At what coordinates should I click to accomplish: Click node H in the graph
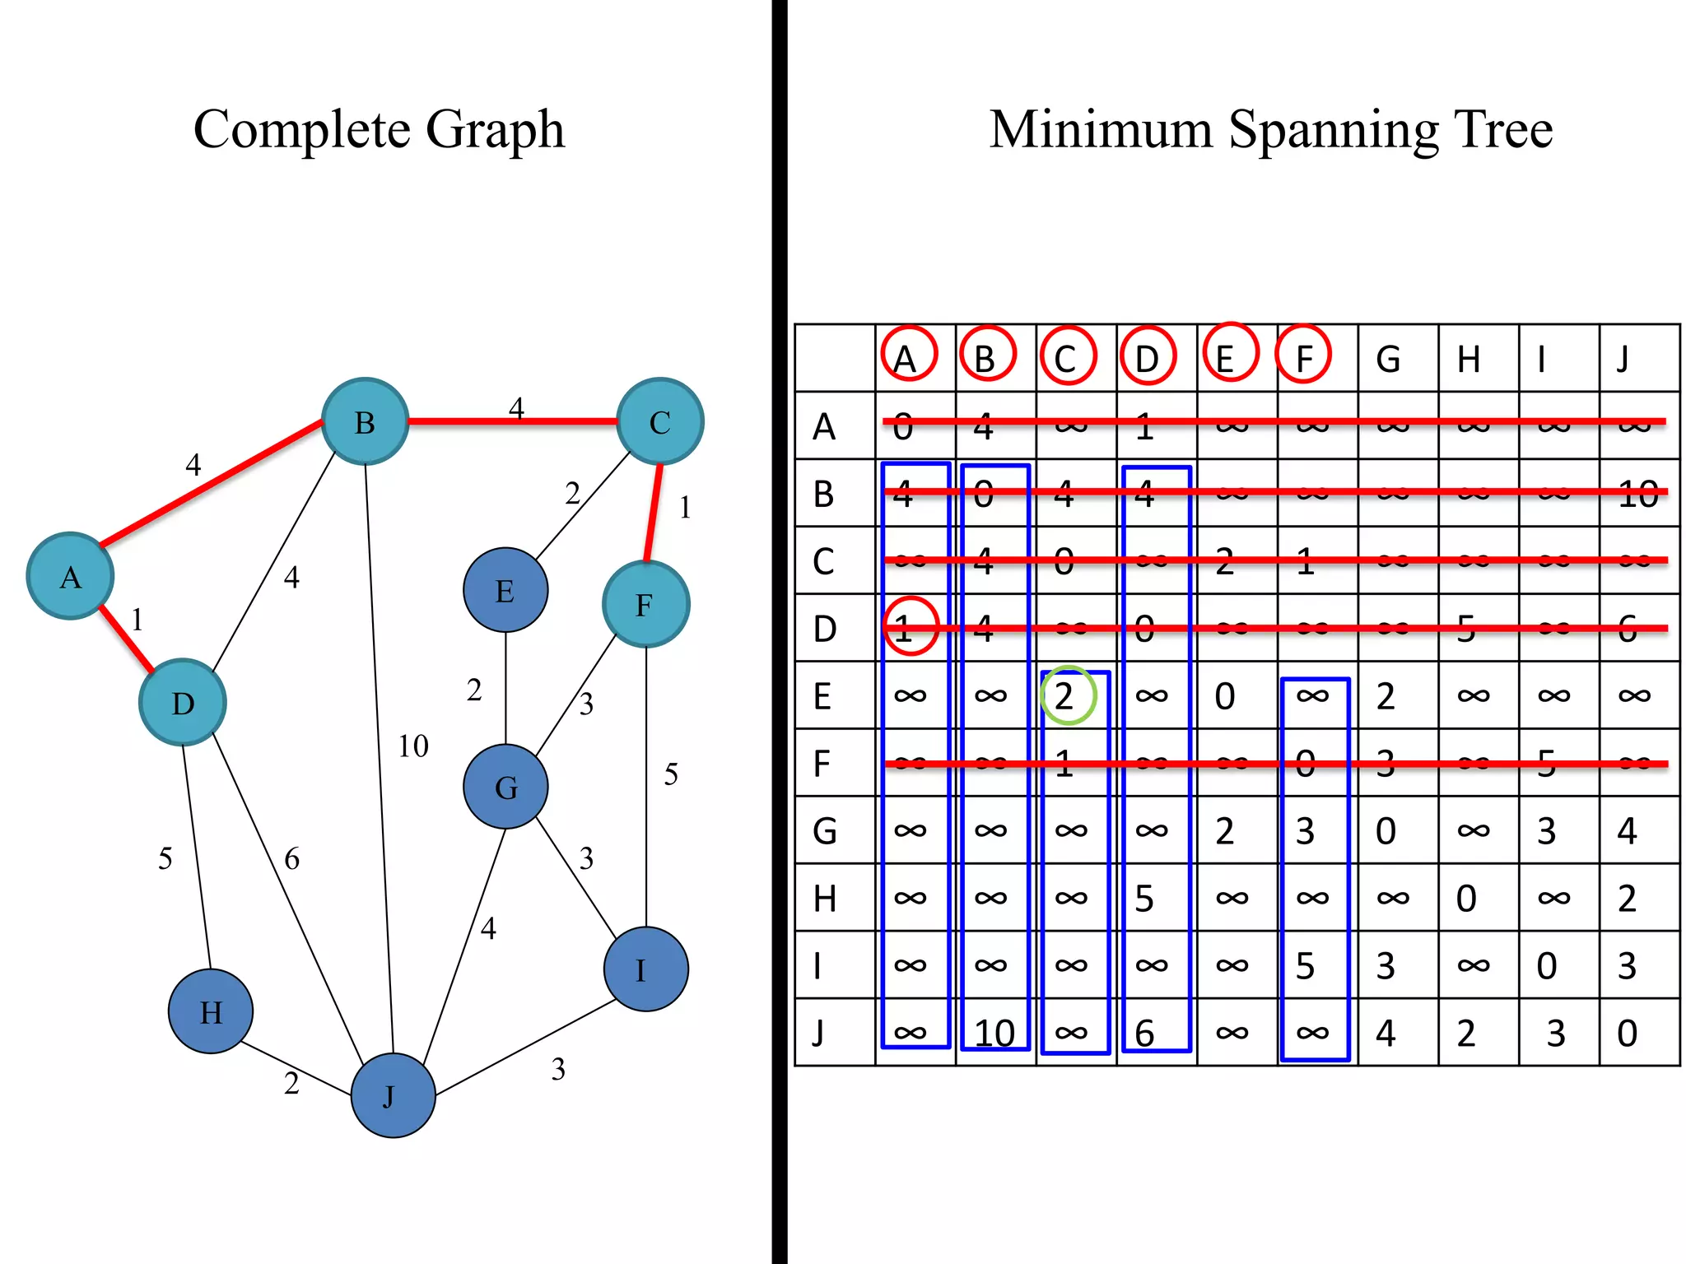click(x=211, y=1011)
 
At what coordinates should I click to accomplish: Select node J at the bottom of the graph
click(x=393, y=1095)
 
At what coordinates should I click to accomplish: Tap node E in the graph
click(x=505, y=590)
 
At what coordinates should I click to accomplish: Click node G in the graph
click(x=505, y=787)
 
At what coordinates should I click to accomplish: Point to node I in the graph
click(x=645, y=969)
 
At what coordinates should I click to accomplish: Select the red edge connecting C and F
click(x=654, y=512)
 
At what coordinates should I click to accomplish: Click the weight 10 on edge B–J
click(x=413, y=746)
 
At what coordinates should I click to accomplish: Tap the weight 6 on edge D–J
click(x=291, y=859)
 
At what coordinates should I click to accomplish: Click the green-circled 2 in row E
click(x=1067, y=696)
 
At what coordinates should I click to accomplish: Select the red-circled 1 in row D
click(x=910, y=627)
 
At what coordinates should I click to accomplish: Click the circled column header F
click(x=1304, y=355)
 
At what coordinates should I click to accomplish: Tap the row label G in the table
click(x=824, y=830)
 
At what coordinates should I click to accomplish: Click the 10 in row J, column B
click(x=994, y=1033)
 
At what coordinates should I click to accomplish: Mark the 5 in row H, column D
click(x=1144, y=899)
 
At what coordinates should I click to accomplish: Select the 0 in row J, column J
click(x=1627, y=1033)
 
